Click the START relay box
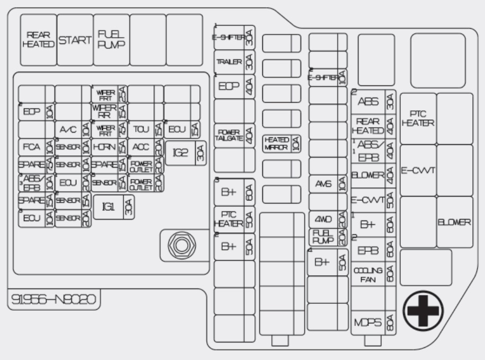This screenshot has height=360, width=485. pos(75,40)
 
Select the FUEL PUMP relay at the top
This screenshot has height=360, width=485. pos(111,40)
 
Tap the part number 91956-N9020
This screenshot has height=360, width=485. pos(53,300)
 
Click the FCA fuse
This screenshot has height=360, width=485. pos(36,146)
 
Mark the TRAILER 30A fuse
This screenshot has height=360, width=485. pos(234,62)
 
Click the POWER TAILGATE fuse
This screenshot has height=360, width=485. pos(234,135)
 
